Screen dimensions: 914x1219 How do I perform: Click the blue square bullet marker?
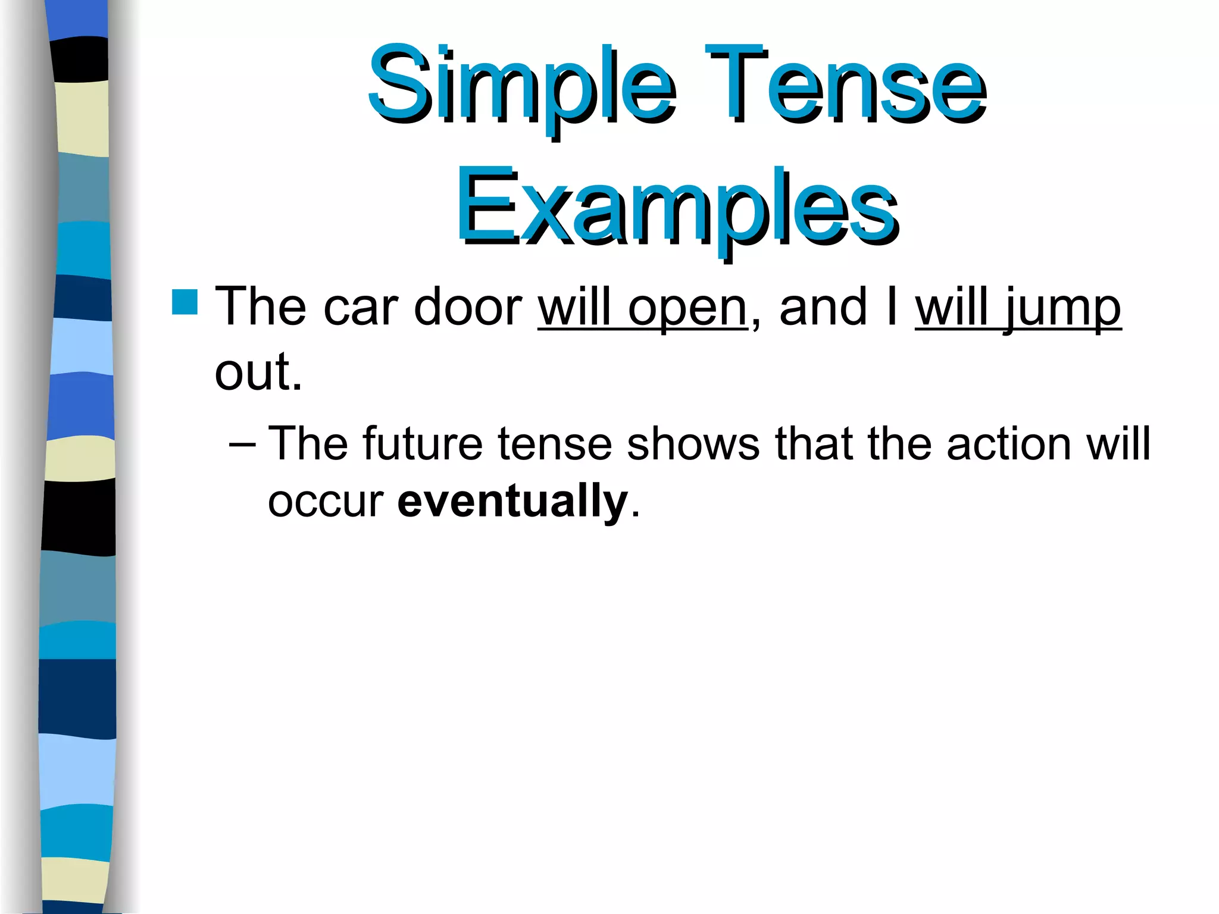click(x=185, y=302)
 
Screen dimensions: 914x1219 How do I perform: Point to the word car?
click(x=360, y=308)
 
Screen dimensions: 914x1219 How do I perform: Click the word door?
click(x=467, y=308)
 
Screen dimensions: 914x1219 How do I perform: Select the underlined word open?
click(x=687, y=309)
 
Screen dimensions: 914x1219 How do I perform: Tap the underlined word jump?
click(x=1062, y=309)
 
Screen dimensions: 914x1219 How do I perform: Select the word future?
click(x=422, y=444)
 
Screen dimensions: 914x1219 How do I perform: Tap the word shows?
click(x=693, y=444)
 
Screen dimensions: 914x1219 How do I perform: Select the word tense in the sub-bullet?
click(x=554, y=444)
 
